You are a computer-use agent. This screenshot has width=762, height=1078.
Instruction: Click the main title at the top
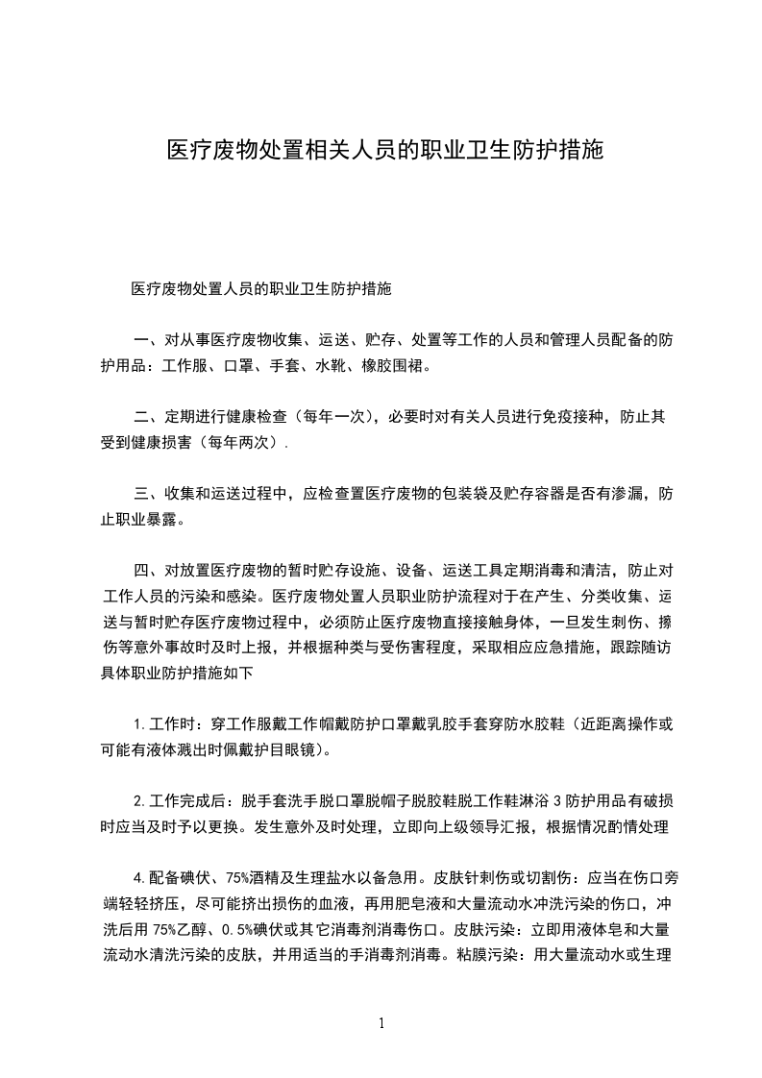click(384, 151)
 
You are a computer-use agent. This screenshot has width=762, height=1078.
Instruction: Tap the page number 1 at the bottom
click(381, 1024)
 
